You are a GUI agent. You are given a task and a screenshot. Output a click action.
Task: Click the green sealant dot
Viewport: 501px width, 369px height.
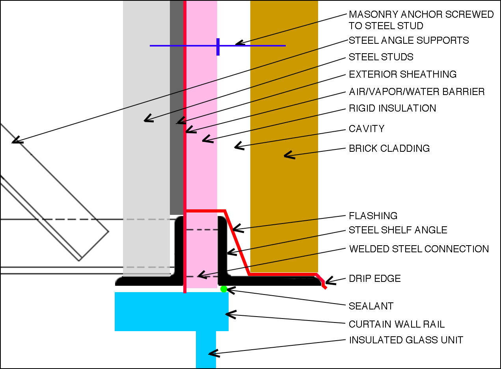[x=224, y=289]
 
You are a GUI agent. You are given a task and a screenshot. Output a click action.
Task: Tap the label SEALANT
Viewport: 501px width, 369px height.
[x=371, y=306]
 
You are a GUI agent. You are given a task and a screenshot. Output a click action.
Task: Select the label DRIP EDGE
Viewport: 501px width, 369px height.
[x=374, y=279]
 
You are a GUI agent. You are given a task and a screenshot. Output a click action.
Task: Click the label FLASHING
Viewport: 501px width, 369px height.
[x=373, y=216]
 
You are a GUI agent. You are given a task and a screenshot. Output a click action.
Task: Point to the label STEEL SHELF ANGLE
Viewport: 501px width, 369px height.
[x=398, y=230]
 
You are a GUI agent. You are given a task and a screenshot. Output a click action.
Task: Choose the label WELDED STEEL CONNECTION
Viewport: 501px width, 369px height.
[x=419, y=249]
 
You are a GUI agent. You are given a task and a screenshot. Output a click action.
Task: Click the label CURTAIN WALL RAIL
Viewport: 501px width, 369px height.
[x=397, y=324]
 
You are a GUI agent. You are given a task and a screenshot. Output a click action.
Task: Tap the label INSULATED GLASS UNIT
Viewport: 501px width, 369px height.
[x=406, y=340]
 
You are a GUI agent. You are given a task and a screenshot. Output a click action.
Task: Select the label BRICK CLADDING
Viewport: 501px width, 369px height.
[x=389, y=149]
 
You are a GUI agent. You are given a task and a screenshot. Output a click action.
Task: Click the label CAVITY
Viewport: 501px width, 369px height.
[x=366, y=129]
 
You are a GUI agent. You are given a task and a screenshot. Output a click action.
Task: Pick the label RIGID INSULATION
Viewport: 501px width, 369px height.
[x=392, y=108]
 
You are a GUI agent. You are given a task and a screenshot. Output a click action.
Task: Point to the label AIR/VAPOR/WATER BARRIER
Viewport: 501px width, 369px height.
[x=417, y=92]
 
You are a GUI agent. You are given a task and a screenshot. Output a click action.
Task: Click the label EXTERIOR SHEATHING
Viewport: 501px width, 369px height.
[x=402, y=75]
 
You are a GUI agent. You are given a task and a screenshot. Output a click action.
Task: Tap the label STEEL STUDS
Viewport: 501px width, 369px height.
[x=381, y=57]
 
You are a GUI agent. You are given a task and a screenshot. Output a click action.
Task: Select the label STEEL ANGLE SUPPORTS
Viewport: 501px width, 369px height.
[x=409, y=41]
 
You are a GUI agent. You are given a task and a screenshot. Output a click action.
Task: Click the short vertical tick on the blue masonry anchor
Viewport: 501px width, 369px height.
[x=218, y=47]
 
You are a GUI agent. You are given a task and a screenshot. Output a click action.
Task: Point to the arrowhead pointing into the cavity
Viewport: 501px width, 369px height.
[x=237, y=147]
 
